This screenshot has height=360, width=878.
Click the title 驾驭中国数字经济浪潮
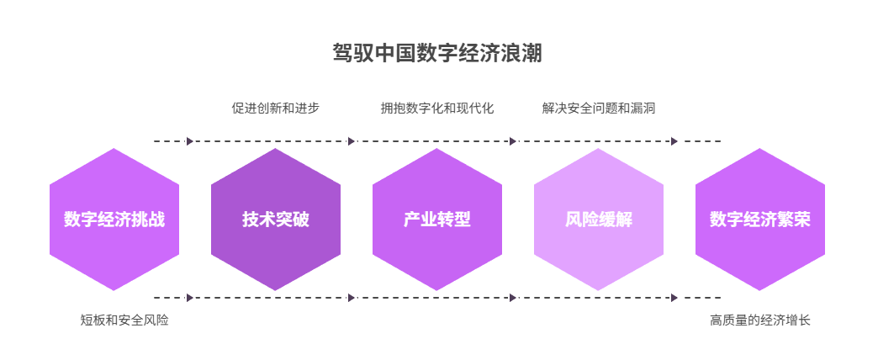pyautogui.click(x=437, y=54)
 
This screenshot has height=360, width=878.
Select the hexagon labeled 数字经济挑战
pyautogui.click(x=114, y=220)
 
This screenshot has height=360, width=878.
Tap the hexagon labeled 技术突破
pyautogui.click(x=276, y=220)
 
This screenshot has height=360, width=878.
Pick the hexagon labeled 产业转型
pyautogui.click(x=437, y=220)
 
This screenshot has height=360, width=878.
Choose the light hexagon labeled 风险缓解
pyautogui.click(x=599, y=220)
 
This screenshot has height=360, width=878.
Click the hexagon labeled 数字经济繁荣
pyautogui.click(x=760, y=220)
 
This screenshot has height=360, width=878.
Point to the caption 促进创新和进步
pyautogui.click(x=276, y=109)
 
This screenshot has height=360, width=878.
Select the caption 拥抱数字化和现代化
pyautogui.click(x=437, y=109)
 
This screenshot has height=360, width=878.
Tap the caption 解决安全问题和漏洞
pyautogui.click(x=599, y=109)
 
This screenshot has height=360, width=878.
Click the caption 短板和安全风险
pyautogui.click(x=124, y=320)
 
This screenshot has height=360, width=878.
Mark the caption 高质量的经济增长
pyautogui.click(x=760, y=320)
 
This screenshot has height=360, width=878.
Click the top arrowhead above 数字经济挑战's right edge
pyautogui.click(x=190, y=141)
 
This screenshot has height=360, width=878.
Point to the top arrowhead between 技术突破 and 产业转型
pyautogui.click(x=352, y=141)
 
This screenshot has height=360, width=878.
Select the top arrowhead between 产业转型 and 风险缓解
pyautogui.click(x=513, y=141)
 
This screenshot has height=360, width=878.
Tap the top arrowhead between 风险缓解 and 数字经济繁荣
pyautogui.click(x=674, y=141)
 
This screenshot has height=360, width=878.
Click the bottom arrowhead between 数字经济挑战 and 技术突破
pyautogui.click(x=190, y=298)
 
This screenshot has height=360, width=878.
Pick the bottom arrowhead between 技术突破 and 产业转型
pyautogui.click(x=352, y=298)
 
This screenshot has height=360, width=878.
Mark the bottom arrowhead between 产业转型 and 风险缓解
pyautogui.click(x=513, y=298)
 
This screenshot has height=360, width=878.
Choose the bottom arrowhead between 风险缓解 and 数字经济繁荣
pyautogui.click(x=674, y=298)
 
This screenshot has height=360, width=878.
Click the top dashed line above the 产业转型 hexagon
pyautogui.click(x=437, y=141)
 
